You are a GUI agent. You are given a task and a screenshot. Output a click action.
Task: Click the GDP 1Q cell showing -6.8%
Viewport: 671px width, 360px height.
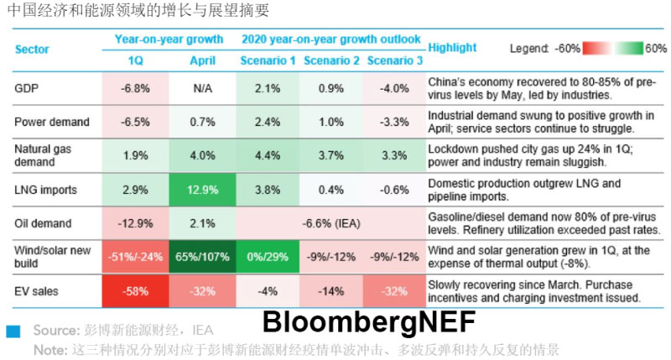click(x=135, y=88)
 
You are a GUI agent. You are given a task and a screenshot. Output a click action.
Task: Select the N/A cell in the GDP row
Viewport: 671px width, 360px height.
click(x=202, y=88)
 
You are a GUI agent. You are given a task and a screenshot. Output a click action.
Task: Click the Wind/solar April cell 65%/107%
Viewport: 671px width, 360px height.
click(x=202, y=257)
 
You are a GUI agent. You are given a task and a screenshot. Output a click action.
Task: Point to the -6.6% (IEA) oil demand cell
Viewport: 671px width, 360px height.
click(x=330, y=223)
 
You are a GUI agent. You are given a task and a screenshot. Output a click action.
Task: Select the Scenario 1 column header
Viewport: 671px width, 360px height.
click(x=268, y=61)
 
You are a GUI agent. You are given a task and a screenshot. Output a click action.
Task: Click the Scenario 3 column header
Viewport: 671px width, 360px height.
click(x=395, y=61)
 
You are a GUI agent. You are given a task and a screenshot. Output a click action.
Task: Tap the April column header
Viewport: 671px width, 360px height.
click(x=202, y=61)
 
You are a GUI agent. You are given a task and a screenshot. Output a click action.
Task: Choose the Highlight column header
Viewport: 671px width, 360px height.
click(x=452, y=48)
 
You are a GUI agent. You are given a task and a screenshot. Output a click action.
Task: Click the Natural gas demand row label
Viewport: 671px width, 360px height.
click(x=39, y=155)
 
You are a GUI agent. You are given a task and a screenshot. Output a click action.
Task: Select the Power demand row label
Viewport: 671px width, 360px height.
click(x=51, y=122)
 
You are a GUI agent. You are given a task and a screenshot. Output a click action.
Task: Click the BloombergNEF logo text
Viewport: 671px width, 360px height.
click(x=369, y=321)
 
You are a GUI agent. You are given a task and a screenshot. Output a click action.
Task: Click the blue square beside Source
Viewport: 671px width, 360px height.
click(x=13, y=331)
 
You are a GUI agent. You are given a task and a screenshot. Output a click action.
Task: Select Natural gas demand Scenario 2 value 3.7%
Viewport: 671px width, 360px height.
click(x=331, y=155)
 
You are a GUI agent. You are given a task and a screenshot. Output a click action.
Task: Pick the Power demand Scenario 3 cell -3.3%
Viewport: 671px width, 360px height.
click(x=395, y=122)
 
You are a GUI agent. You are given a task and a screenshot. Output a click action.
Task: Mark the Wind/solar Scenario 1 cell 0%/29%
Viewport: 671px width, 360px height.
click(x=268, y=257)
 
